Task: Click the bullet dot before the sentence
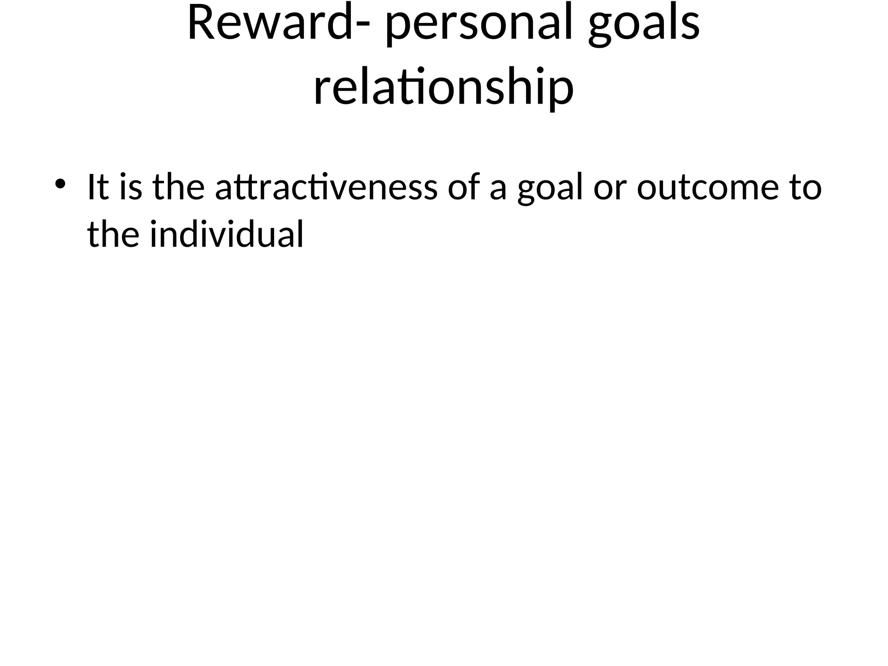click(60, 183)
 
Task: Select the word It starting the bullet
click(98, 187)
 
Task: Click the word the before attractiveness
click(178, 187)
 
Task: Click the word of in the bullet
click(464, 187)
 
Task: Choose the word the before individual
click(113, 234)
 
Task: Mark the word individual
click(226, 234)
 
